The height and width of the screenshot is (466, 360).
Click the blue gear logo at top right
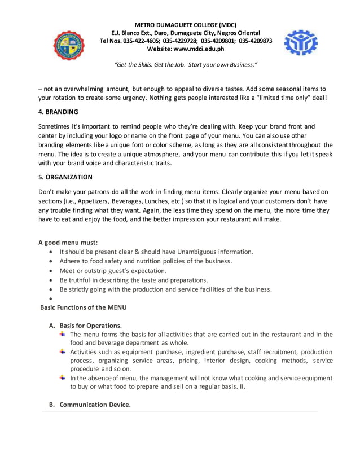point(301,42)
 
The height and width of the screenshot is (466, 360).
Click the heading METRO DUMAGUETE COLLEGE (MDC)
point(186,25)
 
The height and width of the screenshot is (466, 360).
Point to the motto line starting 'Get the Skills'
point(186,65)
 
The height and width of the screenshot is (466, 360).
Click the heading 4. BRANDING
point(58,112)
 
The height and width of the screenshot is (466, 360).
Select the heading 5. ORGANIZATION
point(65,177)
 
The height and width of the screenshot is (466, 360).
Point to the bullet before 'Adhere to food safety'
point(52,261)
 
